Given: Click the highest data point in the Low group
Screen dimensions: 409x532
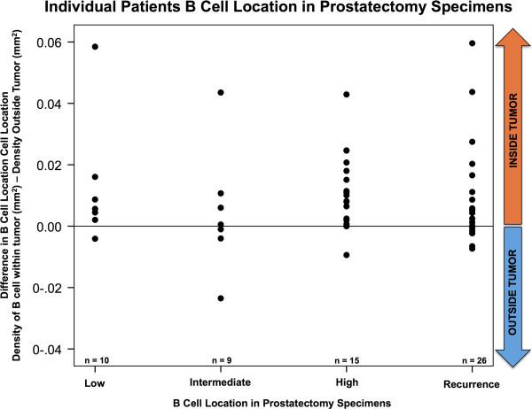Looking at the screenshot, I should (x=95, y=46).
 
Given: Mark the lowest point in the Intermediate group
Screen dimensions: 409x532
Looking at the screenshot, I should (x=221, y=298).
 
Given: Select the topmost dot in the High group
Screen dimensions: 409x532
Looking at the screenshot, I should (x=347, y=94).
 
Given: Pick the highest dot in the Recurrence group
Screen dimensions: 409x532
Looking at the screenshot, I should (x=472, y=43).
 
